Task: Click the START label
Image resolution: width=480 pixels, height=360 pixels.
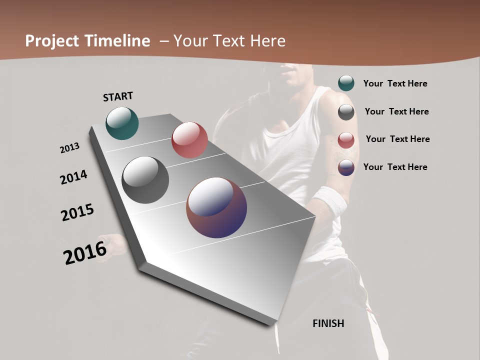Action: click(x=118, y=96)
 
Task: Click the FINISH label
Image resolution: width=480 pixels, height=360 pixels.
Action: click(x=328, y=323)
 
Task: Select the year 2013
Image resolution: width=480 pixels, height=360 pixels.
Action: click(x=69, y=148)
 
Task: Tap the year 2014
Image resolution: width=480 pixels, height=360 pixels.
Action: click(x=73, y=177)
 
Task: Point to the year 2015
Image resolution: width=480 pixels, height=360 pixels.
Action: click(x=77, y=212)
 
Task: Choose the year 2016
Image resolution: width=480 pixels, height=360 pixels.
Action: click(x=85, y=253)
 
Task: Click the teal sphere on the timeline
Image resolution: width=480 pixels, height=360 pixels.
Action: click(x=122, y=123)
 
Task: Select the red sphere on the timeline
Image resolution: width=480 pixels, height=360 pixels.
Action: click(x=189, y=140)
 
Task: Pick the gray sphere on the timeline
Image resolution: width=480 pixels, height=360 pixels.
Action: click(x=145, y=180)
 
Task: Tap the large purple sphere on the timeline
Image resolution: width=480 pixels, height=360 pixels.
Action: click(x=216, y=207)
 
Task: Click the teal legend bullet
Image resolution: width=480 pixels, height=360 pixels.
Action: click(x=346, y=83)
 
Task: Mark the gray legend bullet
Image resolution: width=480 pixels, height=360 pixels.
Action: click(x=346, y=112)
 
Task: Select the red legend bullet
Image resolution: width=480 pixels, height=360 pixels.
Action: click(x=346, y=139)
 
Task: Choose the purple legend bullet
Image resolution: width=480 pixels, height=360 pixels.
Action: click(x=346, y=167)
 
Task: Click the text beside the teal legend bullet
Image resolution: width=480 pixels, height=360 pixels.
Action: click(x=395, y=83)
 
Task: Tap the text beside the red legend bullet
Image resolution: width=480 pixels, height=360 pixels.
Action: click(x=397, y=139)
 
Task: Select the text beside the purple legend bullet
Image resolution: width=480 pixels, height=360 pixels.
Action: click(x=395, y=167)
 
